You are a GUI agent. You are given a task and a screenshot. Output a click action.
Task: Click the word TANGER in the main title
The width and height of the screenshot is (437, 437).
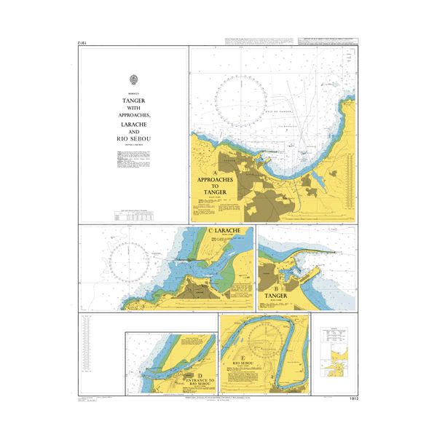click(x=133, y=103)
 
